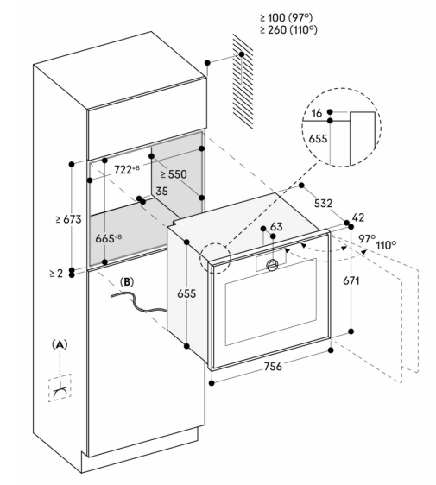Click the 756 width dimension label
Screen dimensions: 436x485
273,367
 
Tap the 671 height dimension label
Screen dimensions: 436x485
351,280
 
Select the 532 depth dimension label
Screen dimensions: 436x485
323,203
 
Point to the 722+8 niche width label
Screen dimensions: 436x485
127,169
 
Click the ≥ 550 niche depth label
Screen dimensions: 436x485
174,174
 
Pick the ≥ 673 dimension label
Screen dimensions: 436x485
69,219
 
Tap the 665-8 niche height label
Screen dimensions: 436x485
108,238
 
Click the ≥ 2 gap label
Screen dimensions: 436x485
56,274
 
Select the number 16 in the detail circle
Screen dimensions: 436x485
316,113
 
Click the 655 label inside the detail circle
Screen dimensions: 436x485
318,139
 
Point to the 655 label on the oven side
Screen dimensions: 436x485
186,293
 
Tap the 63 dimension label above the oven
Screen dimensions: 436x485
276,227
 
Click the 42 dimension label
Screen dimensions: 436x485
358,217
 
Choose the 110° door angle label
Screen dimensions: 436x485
386,246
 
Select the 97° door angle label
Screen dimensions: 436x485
367,238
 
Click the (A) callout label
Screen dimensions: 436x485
60,344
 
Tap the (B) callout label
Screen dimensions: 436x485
127,282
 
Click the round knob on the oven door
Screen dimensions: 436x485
272,265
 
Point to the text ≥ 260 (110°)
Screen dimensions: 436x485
288,30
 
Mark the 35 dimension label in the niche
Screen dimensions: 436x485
161,192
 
